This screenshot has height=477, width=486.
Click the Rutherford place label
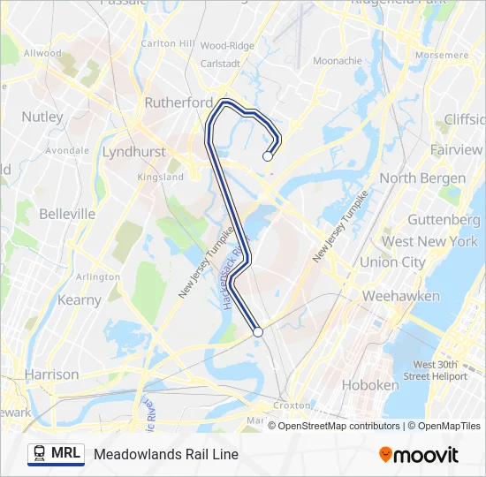coord(178,102)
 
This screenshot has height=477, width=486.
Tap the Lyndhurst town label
coord(133,152)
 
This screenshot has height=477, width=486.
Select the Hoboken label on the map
coord(369,385)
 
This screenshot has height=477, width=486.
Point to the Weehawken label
coord(400,296)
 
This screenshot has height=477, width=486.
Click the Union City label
coord(391,262)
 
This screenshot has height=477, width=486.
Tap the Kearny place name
coord(80,300)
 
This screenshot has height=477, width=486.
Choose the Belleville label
coord(67,214)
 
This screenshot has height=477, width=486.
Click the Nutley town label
coord(42,117)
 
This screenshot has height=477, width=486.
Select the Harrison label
coord(52,375)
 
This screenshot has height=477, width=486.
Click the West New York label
coord(429,241)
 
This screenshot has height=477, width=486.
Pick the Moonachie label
coord(337,61)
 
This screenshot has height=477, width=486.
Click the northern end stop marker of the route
coord(268,156)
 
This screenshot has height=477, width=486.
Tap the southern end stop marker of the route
coord(258,332)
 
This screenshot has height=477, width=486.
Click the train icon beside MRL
coord(39,454)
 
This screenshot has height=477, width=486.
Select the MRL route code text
coord(66,454)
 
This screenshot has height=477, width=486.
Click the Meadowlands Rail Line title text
coord(166,455)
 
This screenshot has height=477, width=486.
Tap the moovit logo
coord(419,455)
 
